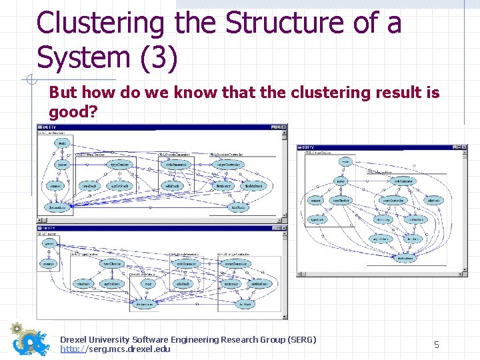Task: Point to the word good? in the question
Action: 73,111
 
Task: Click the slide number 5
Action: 437,345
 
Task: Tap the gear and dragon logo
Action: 29,339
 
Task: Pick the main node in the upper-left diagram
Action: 63,143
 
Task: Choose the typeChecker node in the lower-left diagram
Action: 112,263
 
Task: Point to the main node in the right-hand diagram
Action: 345,161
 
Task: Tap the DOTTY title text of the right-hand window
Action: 307,147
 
